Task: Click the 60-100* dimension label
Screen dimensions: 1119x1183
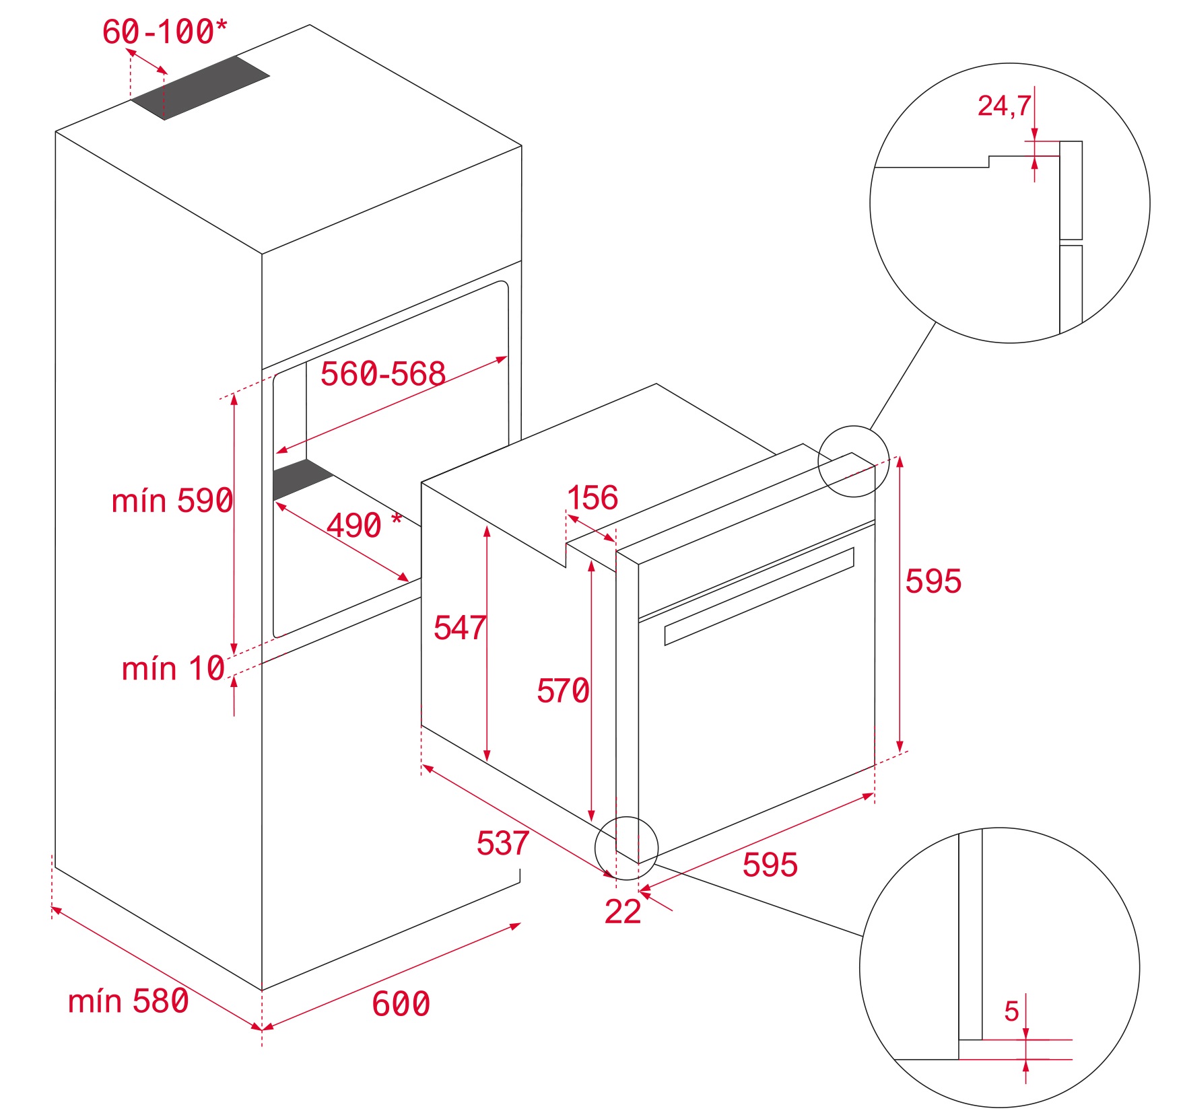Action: click(164, 32)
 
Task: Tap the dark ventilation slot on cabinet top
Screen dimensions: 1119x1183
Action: click(200, 87)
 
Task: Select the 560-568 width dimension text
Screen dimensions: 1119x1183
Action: click(382, 373)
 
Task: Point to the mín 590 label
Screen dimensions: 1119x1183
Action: click(172, 501)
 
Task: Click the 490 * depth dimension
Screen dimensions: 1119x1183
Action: click(364, 525)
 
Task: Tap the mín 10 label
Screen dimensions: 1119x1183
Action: click(173, 669)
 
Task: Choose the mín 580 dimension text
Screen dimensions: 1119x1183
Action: click(128, 1001)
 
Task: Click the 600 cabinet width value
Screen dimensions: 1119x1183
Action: click(401, 1004)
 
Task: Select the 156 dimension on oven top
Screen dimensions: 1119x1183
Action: click(592, 498)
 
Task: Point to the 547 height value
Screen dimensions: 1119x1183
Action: click(459, 628)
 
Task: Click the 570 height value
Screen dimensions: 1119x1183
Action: click(562, 691)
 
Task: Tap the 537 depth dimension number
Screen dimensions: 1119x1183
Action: click(502, 843)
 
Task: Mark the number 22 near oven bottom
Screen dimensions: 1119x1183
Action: click(622, 912)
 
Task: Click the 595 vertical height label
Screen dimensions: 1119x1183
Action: click(933, 581)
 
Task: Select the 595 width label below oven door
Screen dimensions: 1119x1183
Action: click(770, 865)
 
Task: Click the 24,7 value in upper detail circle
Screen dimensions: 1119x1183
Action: click(1003, 106)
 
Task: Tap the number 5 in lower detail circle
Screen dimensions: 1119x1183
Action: click(1011, 1011)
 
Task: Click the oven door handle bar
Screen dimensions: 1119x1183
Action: click(759, 596)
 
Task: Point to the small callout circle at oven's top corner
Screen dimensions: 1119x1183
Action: click(853, 462)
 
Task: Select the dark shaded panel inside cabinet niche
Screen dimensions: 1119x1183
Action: click(301, 479)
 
